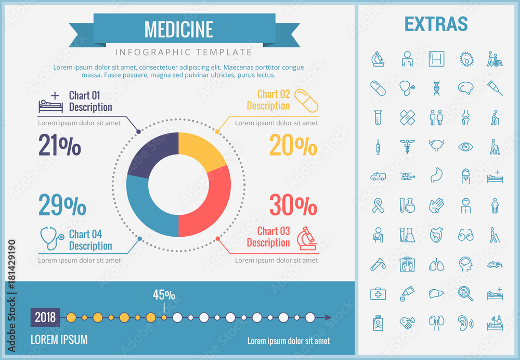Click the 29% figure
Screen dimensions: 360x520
(x=62, y=206)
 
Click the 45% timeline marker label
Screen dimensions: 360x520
(x=164, y=295)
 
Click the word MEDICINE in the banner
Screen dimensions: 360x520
(x=178, y=30)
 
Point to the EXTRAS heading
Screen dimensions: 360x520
(x=436, y=24)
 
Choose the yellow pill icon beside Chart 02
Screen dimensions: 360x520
(x=306, y=100)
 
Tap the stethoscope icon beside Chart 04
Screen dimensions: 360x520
(x=52, y=239)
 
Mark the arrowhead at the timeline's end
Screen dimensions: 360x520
(x=328, y=317)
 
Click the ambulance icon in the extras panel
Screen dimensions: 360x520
(x=378, y=177)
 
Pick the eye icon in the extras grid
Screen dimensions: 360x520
(x=465, y=147)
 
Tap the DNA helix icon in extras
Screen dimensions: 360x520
(x=436, y=88)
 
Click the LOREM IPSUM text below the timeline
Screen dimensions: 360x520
(x=59, y=340)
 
